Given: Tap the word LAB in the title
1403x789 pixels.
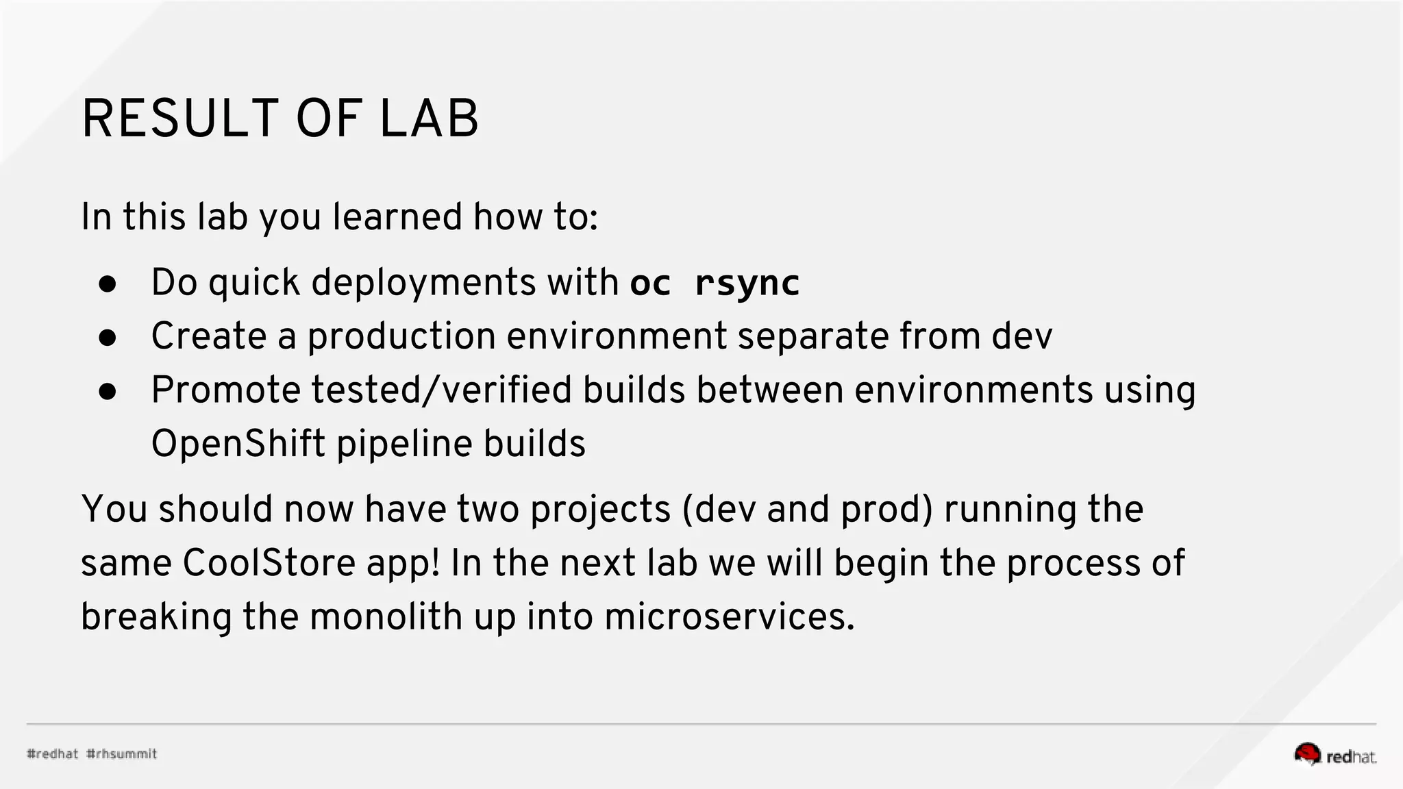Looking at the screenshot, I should click(429, 119).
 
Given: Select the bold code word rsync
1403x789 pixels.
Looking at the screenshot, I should click(747, 283).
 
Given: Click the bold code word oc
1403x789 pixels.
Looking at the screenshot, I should click(650, 283).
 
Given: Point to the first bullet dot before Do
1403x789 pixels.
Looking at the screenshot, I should click(108, 284).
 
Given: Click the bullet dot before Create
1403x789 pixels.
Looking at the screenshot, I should click(108, 337).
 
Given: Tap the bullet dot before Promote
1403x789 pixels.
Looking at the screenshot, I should click(108, 391).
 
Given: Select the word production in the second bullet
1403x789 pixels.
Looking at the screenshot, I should click(401, 336).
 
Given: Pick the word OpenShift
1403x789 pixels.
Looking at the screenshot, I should click(238, 444).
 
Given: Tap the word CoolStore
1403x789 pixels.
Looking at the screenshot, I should click(269, 563).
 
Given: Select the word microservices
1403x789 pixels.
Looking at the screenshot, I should click(729, 616).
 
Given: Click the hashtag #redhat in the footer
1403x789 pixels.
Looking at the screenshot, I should click(53, 754).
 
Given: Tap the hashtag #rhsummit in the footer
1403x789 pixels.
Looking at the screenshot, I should click(122, 754).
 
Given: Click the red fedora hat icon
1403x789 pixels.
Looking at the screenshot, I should click(1307, 753).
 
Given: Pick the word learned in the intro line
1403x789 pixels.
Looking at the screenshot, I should click(397, 217).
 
